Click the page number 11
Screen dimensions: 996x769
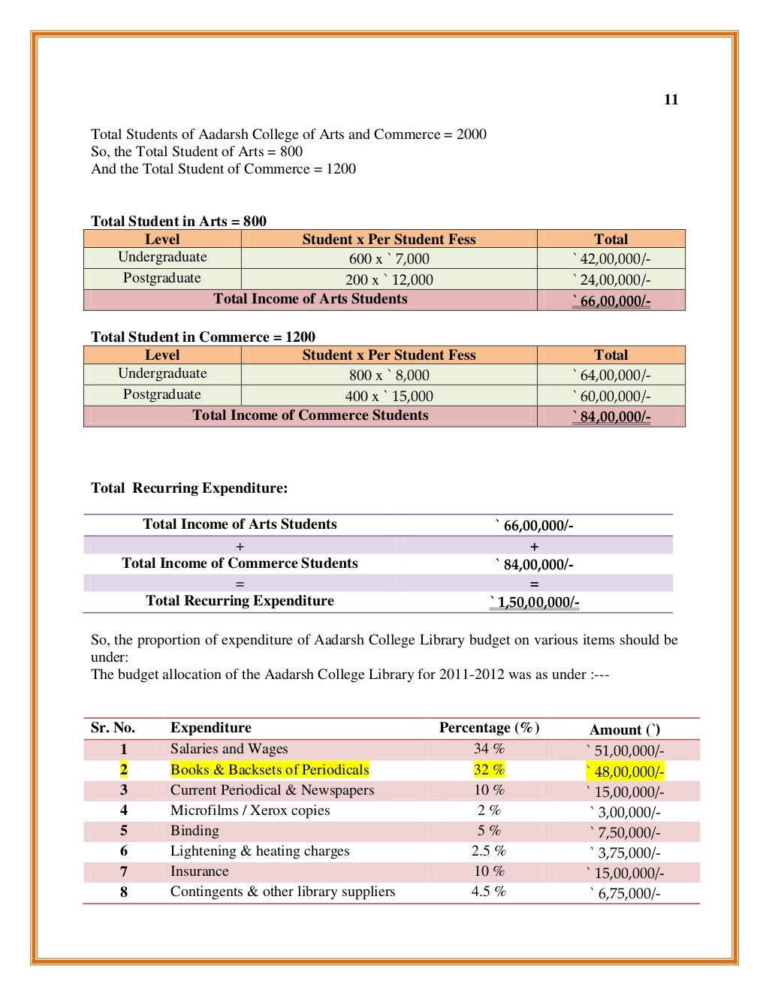(x=671, y=100)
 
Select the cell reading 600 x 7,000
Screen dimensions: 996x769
(x=389, y=259)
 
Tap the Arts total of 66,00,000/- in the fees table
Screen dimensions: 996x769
(x=611, y=301)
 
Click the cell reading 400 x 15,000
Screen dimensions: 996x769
(x=389, y=396)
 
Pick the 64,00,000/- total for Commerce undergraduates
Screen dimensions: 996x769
(x=611, y=376)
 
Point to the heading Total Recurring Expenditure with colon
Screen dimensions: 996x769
(x=189, y=488)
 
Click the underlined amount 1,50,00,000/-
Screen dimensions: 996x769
(x=535, y=602)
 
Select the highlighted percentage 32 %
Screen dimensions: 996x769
(x=489, y=770)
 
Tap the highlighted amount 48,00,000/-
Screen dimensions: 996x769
(x=625, y=771)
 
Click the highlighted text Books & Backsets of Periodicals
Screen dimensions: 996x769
(x=270, y=770)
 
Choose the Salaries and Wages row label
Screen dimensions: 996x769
(x=229, y=749)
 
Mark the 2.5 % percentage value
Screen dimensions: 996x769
(x=489, y=851)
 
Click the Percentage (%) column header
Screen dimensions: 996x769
(x=489, y=728)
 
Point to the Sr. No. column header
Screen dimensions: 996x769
(x=113, y=728)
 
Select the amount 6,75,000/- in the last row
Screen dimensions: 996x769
(x=625, y=893)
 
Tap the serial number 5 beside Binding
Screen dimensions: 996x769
(x=124, y=831)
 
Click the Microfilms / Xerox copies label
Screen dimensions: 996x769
(x=250, y=810)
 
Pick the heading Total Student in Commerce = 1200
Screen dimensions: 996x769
(x=204, y=337)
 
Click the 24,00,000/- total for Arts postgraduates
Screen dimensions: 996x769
(x=611, y=280)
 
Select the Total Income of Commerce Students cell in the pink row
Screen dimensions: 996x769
(x=310, y=415)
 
